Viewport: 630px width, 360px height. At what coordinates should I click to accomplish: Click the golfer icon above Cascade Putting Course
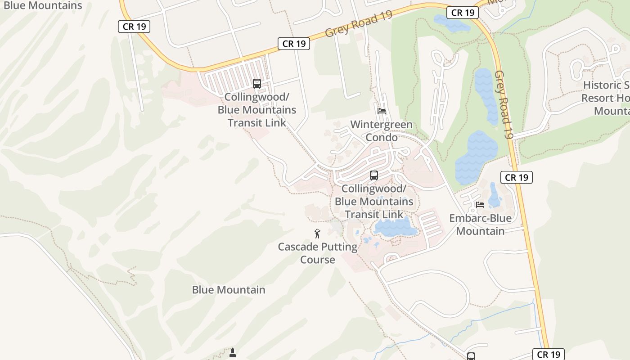317,234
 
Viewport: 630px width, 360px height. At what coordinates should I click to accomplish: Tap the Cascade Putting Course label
318,253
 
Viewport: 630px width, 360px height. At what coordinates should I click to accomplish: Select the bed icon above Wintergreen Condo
382,111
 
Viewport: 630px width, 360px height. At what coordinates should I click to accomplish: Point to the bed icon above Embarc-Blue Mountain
480,205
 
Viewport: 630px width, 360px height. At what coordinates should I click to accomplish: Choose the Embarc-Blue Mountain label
480,225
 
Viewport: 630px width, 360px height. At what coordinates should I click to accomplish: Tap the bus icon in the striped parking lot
257,83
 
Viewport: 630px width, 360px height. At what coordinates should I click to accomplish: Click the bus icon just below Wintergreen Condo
374,175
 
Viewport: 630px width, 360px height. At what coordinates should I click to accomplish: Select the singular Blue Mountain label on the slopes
229,290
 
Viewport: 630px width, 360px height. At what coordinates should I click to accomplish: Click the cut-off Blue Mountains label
43,5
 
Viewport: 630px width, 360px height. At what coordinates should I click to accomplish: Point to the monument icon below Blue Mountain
233,352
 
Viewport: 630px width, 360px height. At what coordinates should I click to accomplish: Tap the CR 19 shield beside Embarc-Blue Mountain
517,177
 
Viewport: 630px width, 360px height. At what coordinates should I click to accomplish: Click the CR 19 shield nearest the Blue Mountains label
134,27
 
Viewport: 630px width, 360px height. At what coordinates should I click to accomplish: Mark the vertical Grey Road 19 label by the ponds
504,104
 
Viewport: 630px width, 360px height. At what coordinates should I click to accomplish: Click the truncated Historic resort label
606,98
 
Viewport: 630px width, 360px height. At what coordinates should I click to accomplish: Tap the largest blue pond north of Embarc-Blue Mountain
476,157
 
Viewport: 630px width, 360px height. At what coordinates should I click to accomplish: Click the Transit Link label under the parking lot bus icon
257,110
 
